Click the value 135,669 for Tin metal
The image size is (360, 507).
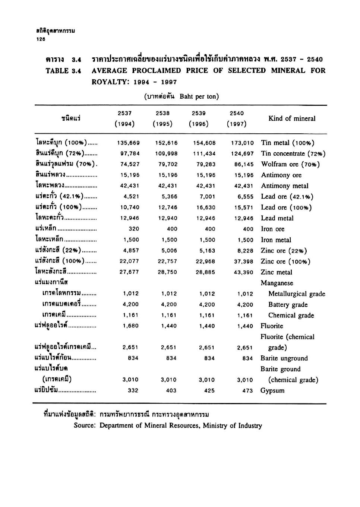(x=128, y=143)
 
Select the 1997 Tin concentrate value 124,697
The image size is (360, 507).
(x=242, y=153)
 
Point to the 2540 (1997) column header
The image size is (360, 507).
(x=237, y=118)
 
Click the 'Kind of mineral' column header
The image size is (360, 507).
(x=292, y=118)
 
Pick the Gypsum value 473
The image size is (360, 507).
(x=247, y=391)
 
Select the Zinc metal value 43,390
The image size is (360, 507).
(x=243, y=272)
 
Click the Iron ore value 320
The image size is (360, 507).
(x=133, y=229)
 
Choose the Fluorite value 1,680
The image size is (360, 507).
(x=130, y=326)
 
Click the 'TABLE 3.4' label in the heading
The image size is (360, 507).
(x=63, y=71)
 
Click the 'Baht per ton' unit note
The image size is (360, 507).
(x=199, y=96)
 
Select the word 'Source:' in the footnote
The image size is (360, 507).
(x=85, y=425)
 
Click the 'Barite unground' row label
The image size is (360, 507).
(x=284, y=358)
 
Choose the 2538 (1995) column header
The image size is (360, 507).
(x=162, y=118)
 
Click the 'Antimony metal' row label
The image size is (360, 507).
(x=285, y=186)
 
